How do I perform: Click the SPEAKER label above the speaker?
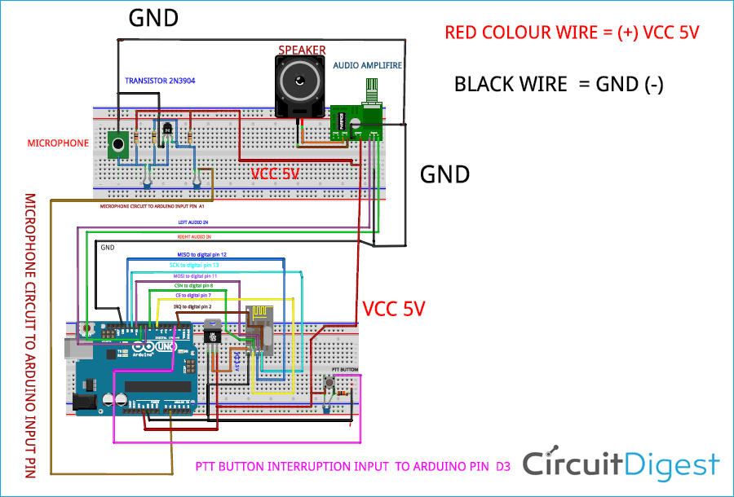[x=302, y=50]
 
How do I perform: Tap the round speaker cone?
[x=299, y=84]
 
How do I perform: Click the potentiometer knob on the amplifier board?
[x=373, y=89]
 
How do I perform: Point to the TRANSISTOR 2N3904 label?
[x=160, y=81]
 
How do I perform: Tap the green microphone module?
[x=120, y=146]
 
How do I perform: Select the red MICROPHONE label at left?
[x=58, y=143]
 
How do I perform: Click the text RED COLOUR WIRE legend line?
[x=572, y=33]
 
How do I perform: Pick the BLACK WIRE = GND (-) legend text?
[x=559, y=84]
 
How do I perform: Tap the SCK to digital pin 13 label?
[x=194, y=266]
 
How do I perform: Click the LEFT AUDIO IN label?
[x=193, y=222]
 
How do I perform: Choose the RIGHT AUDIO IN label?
[x=194, y=236]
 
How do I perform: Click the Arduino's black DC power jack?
[x=84, y=402]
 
